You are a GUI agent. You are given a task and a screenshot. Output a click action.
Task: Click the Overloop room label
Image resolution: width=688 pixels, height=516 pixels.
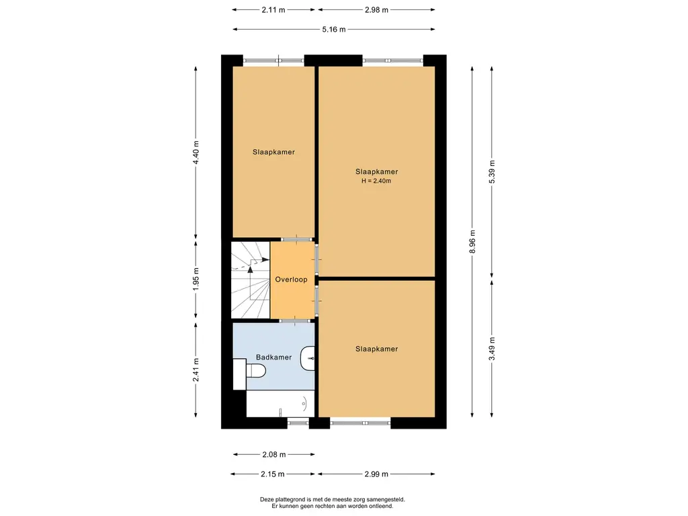(291, 279)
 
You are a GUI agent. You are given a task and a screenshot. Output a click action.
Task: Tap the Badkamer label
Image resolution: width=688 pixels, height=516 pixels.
(274, 357)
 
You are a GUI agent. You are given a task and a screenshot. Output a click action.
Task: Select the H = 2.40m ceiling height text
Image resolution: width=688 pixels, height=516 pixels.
(376, 181)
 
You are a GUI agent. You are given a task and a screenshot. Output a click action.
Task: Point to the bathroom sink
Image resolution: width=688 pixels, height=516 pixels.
(308, 359)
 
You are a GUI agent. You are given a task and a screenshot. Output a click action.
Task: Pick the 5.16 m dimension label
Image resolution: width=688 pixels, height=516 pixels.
(333, 30)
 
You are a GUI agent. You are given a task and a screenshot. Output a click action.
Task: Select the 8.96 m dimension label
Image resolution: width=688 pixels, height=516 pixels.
(472, 242)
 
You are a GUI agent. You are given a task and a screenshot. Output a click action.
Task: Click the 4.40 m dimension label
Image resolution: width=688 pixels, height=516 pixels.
(196, 153)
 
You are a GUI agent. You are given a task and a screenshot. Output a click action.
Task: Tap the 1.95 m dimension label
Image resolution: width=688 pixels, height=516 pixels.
(196, 279)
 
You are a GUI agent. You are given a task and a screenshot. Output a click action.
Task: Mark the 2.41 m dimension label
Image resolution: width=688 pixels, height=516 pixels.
(196, 370)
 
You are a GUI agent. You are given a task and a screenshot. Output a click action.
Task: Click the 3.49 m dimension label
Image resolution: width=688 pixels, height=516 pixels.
(491, 349)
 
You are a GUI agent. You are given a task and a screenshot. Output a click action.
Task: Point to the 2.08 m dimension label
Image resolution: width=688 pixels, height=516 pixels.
(274, 455)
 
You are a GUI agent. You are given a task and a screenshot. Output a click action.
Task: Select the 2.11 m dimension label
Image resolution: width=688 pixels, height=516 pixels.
(273, 9)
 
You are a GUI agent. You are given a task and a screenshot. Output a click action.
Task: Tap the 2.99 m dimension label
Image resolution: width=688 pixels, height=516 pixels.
(376, 474)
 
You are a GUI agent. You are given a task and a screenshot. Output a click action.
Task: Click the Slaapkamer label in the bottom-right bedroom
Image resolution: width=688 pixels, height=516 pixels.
(376, 349)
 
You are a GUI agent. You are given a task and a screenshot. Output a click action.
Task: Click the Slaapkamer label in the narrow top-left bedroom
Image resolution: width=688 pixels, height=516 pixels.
(273, 153)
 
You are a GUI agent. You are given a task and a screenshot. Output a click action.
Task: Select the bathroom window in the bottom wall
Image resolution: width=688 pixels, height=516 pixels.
(298, 423)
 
